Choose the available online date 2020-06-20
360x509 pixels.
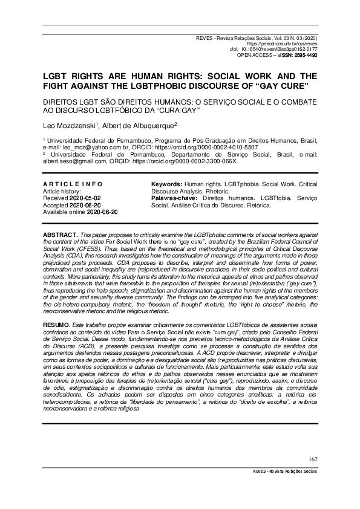pos(102,212)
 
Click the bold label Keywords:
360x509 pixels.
pos(166,183)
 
